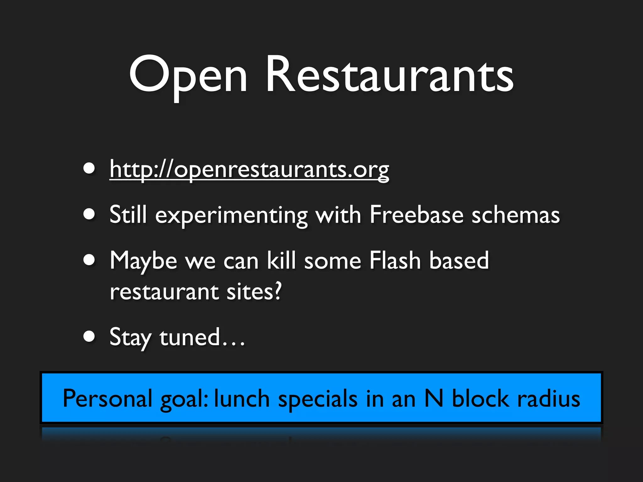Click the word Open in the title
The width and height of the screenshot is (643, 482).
pos(188,77)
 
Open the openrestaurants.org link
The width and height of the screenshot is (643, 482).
pos(249,169)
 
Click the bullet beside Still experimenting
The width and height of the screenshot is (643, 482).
pos(89,214)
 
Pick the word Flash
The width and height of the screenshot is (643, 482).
pos(395,260)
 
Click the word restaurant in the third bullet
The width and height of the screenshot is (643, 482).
pos(164,292)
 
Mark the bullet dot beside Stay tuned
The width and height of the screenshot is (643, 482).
pos(89,336)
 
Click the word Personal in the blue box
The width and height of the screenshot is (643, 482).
pos(107,399)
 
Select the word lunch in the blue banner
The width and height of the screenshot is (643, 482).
pos(242,399)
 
